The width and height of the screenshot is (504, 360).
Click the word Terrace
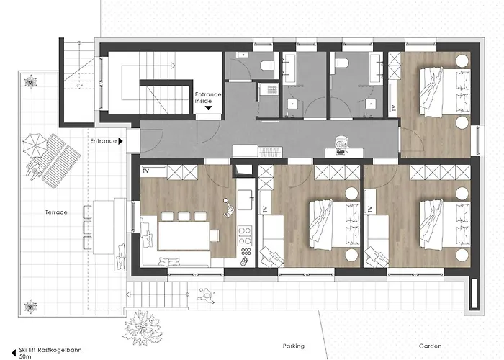pyautogui.click(x=56, y=212)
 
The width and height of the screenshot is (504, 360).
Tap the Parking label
pyautogui.click(x=294, y=346)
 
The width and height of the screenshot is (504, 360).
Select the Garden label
pyautogui.click(x=430, y=346)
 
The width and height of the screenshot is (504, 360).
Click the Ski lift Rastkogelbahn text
pyautogui.click(x=50, y=350)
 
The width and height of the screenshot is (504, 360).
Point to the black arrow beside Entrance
pyautogui.click(x=120, y=141)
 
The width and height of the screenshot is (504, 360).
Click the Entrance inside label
pyautogui.click(x=208, y=98)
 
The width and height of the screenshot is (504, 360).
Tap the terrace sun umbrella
pyautogui.click(x=35, y=145)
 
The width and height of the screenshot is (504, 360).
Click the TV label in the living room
pyautogui.click(x=145, y=171)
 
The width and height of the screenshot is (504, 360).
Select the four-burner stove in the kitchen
pyautogui.click(x=244, y=236)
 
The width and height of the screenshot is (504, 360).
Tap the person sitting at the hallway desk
pyautogui.click(x=341, y=144)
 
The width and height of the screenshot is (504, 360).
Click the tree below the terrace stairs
pyautogui.click(x=142, y=328)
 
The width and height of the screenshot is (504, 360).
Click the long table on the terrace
pyautogui.click(x=104, y=227)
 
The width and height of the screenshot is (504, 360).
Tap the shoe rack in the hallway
pyautogui.click(x=271, y=152)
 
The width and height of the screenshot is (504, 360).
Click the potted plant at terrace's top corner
pyautogui.click(x=31, y=81)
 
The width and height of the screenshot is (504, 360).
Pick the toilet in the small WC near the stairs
pyautogui.click(x=267, y=66)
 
